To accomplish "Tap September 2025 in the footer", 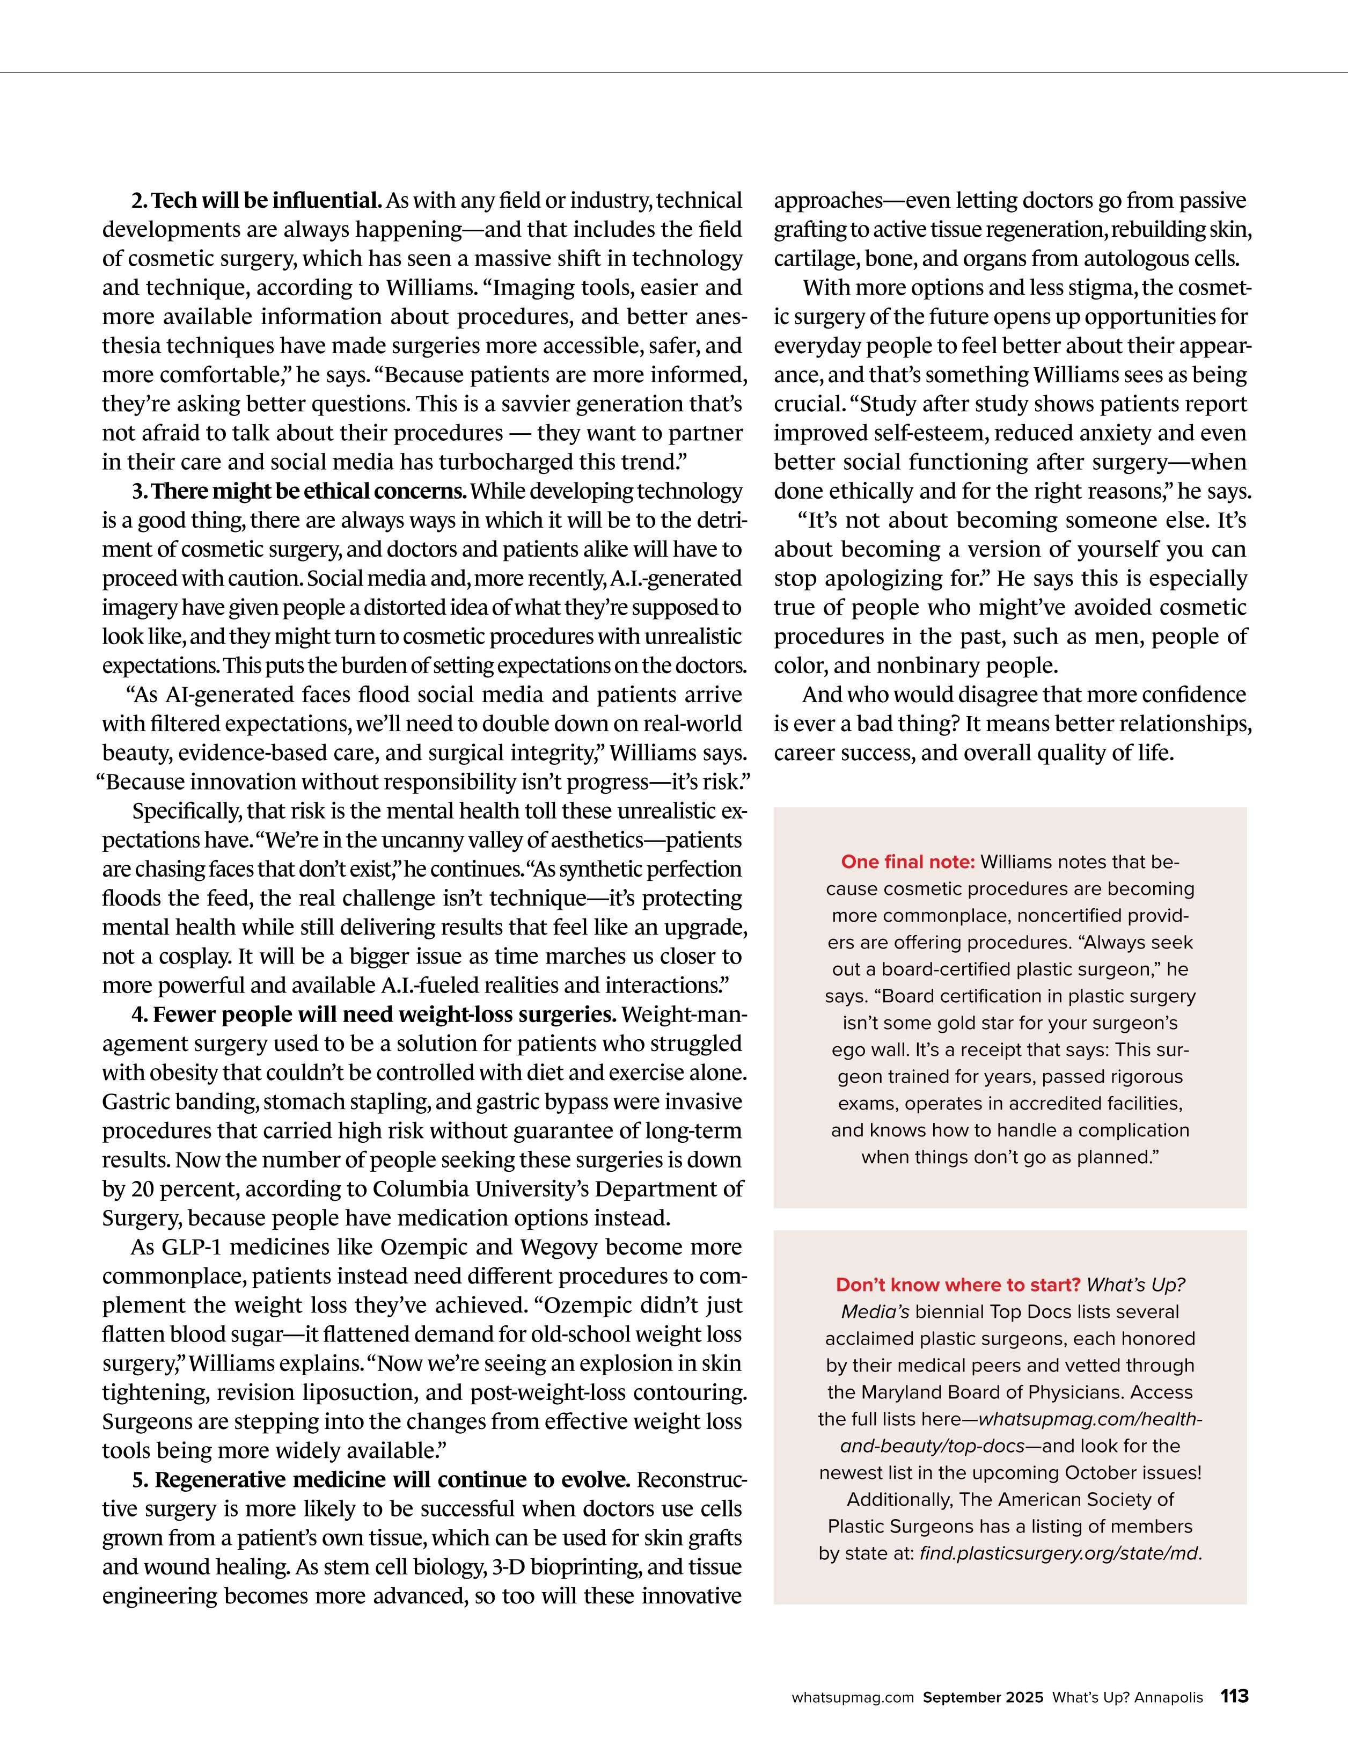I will coord(983,1698).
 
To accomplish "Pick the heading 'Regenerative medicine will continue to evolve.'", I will coord(382,1480).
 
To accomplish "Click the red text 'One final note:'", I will coord(908,862).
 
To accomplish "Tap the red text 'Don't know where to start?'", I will coord(958,1285).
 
